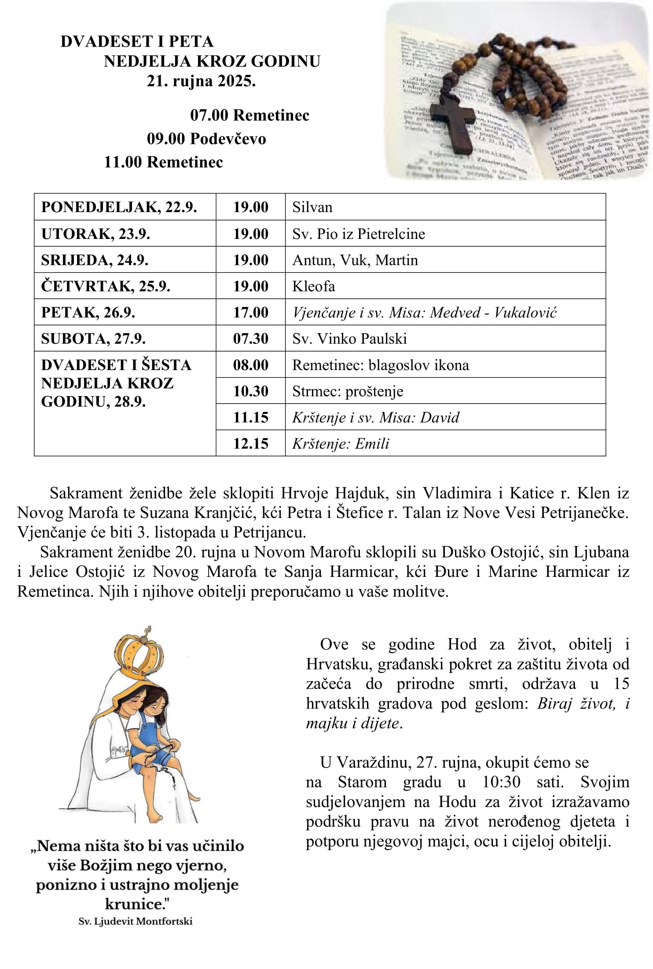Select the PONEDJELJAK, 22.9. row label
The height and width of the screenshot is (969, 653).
pos(119,207)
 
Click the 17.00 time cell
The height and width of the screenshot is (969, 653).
pos(250,312)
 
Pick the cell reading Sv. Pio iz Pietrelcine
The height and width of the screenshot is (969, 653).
pos(359,234)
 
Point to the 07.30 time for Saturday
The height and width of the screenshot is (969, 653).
pos(250,338)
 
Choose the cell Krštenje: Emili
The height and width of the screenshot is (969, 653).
pos(341,443)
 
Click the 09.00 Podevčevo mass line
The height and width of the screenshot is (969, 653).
pos(206,139)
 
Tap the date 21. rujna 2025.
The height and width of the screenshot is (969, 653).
pos(201,81)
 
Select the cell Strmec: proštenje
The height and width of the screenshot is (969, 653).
pos(348,391)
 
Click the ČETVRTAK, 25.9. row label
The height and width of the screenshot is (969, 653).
pos(106,286)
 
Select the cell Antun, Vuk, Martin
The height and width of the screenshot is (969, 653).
pos(355,260)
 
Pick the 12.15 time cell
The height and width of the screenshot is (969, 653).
pos(250,443)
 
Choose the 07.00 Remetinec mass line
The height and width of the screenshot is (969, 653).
pos(249,115)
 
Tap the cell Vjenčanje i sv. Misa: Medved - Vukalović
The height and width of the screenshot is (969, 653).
pos(425,312)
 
